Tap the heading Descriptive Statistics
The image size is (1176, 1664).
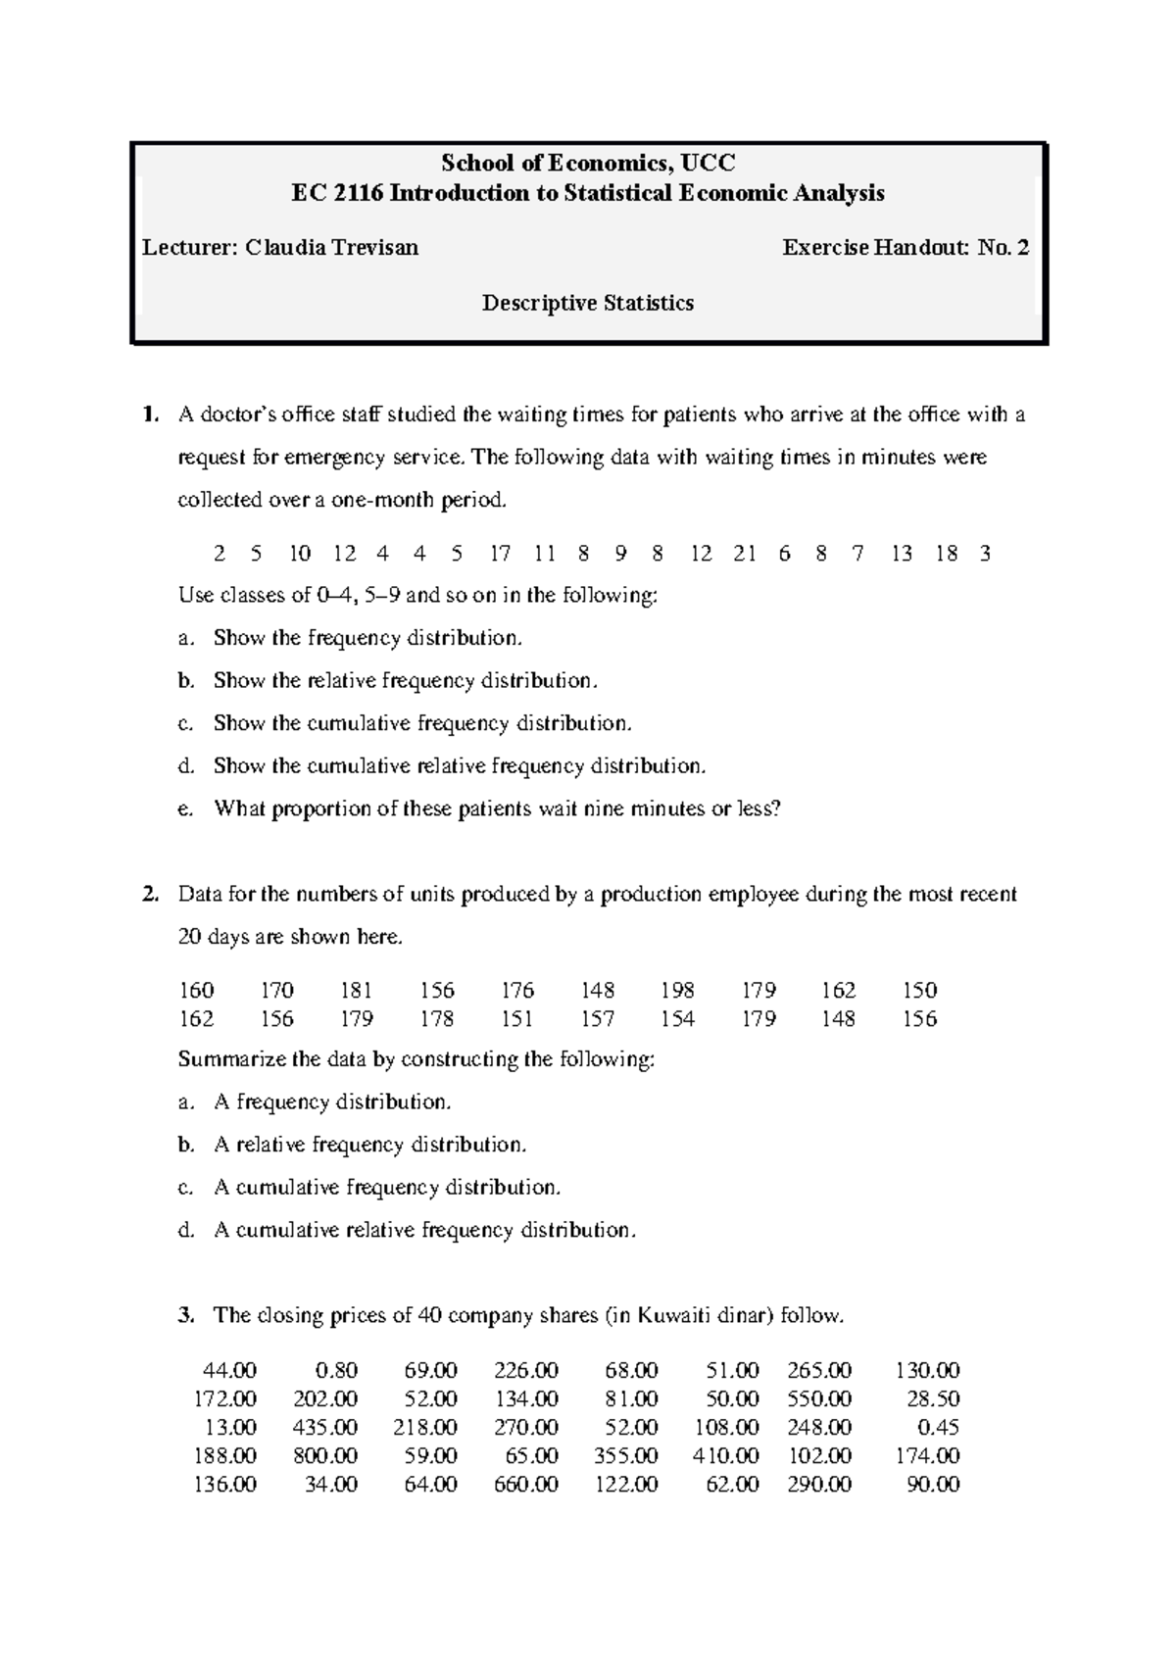pyautogui.click(x=588, y=304)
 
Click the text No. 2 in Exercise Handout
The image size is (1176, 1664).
pyautogui.click(x=1003, y=248)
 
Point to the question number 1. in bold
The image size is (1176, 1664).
pyautogui.click(x=148, y=415)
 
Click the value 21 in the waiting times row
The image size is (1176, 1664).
pyautogui.click(x=744, y=554)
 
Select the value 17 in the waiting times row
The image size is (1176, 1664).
pyautogui.click(x=500, y=554)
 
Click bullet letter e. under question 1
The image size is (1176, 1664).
pyautogui.click(x=184, y=809)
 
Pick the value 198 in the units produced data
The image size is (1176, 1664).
pyautogui.click(x=677, y=991)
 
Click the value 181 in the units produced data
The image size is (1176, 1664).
pyautogui.click(x=357, y=991)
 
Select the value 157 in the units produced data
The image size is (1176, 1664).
pyautogui.click(x=597, y=1019)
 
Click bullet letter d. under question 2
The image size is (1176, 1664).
pyautogui.click(x=184, y=1231)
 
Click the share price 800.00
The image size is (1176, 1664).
pyautogui.click(x=325, y=1456)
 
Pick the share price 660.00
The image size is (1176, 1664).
pyautogui.click(x=526, y=1485)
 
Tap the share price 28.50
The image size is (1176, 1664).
pyautogui.click(x=935, y=1399)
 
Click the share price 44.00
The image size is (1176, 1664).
pyautogui.click(x=229, y=1371)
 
